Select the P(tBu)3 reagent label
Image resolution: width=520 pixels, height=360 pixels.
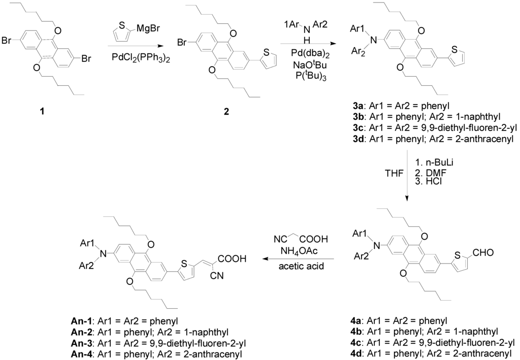pos(314,77)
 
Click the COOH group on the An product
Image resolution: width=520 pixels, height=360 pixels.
pos(232,259)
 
